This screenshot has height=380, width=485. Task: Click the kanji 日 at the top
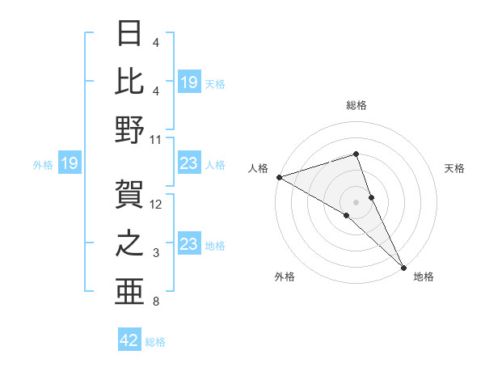(129, 34)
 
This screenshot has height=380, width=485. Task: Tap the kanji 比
(129, 81)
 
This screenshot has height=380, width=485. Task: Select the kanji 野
(129, 129)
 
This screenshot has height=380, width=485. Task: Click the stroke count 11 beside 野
(156, 139)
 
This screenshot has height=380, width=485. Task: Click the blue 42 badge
(129, 340)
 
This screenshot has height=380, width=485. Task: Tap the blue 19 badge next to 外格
(69, 164)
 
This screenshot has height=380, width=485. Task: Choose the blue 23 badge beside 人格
(189, 164)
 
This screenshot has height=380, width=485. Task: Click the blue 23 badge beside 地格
(189, 244)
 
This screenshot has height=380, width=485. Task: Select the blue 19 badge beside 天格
(189, 82)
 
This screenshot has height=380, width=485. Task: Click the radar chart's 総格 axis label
(356, 105)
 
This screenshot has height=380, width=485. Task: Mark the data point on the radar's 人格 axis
(279, 177)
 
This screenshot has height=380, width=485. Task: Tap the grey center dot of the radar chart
(356, 201)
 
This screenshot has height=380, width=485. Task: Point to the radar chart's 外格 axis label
(285, 277)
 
